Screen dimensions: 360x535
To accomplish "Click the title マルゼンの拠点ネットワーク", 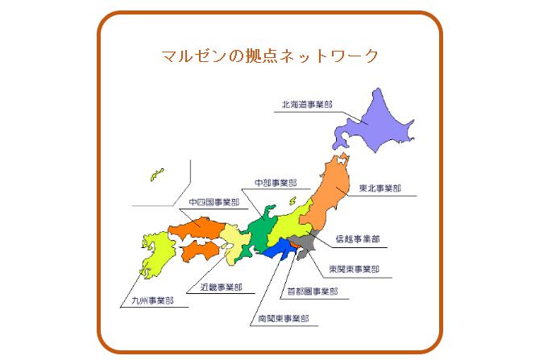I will click(270, 57).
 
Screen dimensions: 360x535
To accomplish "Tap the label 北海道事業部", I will click(306, 105).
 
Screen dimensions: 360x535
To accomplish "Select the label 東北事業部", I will click(379, 188).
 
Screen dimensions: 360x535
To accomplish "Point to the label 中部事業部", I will click(275, 183).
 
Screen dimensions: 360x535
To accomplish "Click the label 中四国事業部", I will click(214, 203).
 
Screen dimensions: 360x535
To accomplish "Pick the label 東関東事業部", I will click(355, 269).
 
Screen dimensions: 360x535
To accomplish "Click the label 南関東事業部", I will click(283, 319).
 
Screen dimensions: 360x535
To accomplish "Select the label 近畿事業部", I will click(221, 287).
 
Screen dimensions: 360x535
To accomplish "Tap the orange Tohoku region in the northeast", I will click(326, 193).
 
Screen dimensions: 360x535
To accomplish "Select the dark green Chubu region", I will click(262, 230).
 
